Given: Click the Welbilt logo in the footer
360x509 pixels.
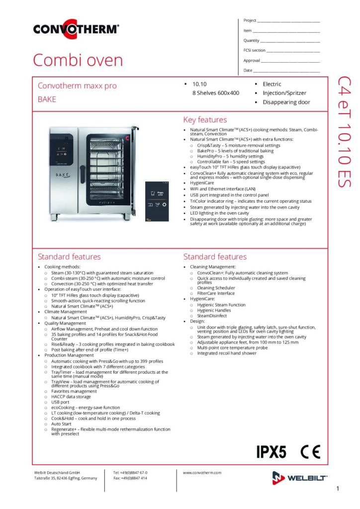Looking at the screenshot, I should coord(299,478).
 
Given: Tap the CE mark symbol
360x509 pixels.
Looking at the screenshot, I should coord(310,452).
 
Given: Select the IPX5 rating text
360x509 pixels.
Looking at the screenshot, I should coord(271,452).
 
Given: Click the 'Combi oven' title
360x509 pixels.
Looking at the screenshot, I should coord(78,61).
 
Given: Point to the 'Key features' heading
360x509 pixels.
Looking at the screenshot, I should coord(205,120).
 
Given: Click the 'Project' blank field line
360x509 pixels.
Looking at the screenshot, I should coord(288,21).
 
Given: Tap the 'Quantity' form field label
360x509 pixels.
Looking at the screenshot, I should coord(252,40).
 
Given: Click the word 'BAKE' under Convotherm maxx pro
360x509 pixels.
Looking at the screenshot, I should coord(47,99).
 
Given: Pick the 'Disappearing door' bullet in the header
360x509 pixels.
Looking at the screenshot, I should coord(286,102).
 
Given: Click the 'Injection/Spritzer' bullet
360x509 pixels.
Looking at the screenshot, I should coord(284,93).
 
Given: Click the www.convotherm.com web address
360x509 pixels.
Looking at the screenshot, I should coord(202,473).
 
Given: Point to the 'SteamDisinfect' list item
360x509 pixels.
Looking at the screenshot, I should coord(212,316).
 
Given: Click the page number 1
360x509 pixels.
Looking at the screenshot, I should coord(338,489).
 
